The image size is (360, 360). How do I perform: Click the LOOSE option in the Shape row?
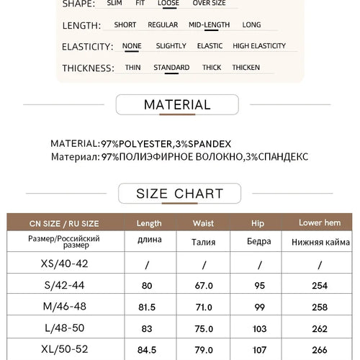(x=168, y=3)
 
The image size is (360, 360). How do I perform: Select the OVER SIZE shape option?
(x=209, y=3)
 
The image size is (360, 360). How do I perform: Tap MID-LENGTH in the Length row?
(x=209, y=24)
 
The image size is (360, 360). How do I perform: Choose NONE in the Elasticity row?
(x=132, y=46)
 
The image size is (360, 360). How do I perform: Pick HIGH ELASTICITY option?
(x=259, y=46)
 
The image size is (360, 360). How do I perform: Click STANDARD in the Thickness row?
(x=171, y=68)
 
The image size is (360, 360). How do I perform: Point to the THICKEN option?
(x=246, y=68)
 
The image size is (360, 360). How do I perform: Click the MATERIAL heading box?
(x=177, y=105)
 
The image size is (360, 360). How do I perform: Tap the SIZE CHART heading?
(x=179, y=194)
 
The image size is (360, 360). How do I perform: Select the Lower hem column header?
(x=320, y=223)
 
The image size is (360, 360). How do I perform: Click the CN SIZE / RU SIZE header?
(x=63, y=223)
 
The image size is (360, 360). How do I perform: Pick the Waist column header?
(x=204, y=223)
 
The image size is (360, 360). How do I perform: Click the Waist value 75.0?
(x=204, y=329)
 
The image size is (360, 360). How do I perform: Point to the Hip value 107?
(x=258, y=350)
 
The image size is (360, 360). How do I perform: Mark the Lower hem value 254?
(x=320, y=286)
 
